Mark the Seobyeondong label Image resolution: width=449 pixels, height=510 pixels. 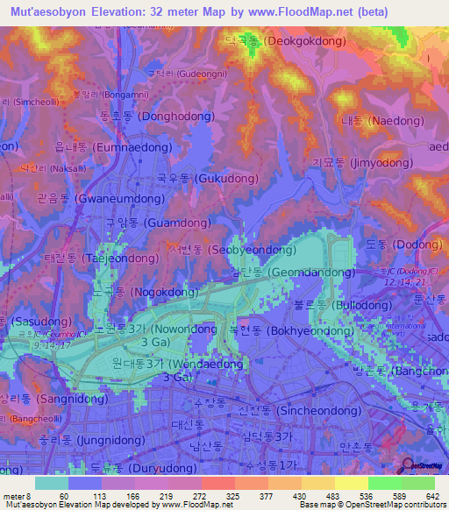click(x=232, y=250)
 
